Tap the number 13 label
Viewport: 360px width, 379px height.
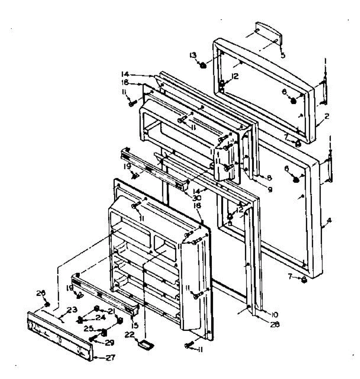click(x=193, y=56)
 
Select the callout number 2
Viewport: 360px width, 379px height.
click(x=327, y=116)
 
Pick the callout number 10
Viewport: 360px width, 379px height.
click(x=274, y=314)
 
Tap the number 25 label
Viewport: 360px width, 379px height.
click(x=89, y=329)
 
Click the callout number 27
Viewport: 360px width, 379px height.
click(x=110, y=358)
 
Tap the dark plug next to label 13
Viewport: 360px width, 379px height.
click(x=203, y=65)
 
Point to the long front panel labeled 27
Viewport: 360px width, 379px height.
click(x=60, y=336)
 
